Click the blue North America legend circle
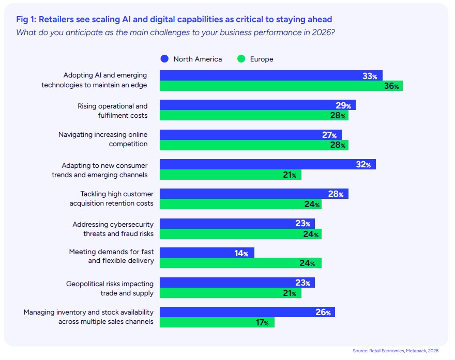pyautogui.click(x=164, y=59)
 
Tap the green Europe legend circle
pyautogui.click(x=241, y=59)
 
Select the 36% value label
pyautogui.click(x=391, y=86)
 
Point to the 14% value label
pyautogui.click(x=242, y=253)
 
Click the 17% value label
pyautogui.click(x=263, y=323)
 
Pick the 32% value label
pyautogui.click(x=363, y=165)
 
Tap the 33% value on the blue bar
pyautogui.click(x=370, y=76)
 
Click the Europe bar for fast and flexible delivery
pyautogui.click(x=240, y=263)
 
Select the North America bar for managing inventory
pyautogui.click(x=247, y=312)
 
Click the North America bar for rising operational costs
pyautogui.click(x=257, y=105)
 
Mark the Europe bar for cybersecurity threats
pyautogui.click(x=240, y=234)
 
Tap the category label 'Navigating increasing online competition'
pyautogui.click(x=103, y=139)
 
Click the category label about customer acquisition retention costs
pyautogui.click(x=112, y=199)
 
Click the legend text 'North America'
pyautogui.click(x=198, y=59)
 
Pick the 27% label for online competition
pyautogui.click(x=329, y=135)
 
